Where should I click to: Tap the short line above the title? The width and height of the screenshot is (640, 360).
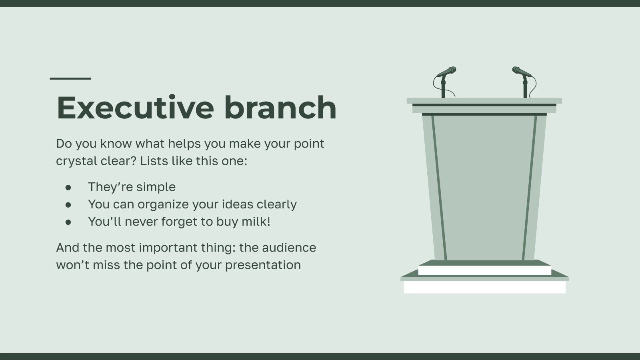(70, 78)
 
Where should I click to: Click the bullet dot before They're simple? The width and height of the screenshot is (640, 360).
(68, 187)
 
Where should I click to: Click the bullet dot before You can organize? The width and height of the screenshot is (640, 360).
(68, 204)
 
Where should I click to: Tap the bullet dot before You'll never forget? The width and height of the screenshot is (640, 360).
(68, 222)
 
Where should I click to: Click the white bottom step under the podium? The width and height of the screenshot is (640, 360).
(484, 287)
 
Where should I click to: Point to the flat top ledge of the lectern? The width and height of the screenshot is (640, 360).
(484, 101)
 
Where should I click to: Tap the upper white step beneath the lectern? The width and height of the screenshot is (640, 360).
(484, 270)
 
